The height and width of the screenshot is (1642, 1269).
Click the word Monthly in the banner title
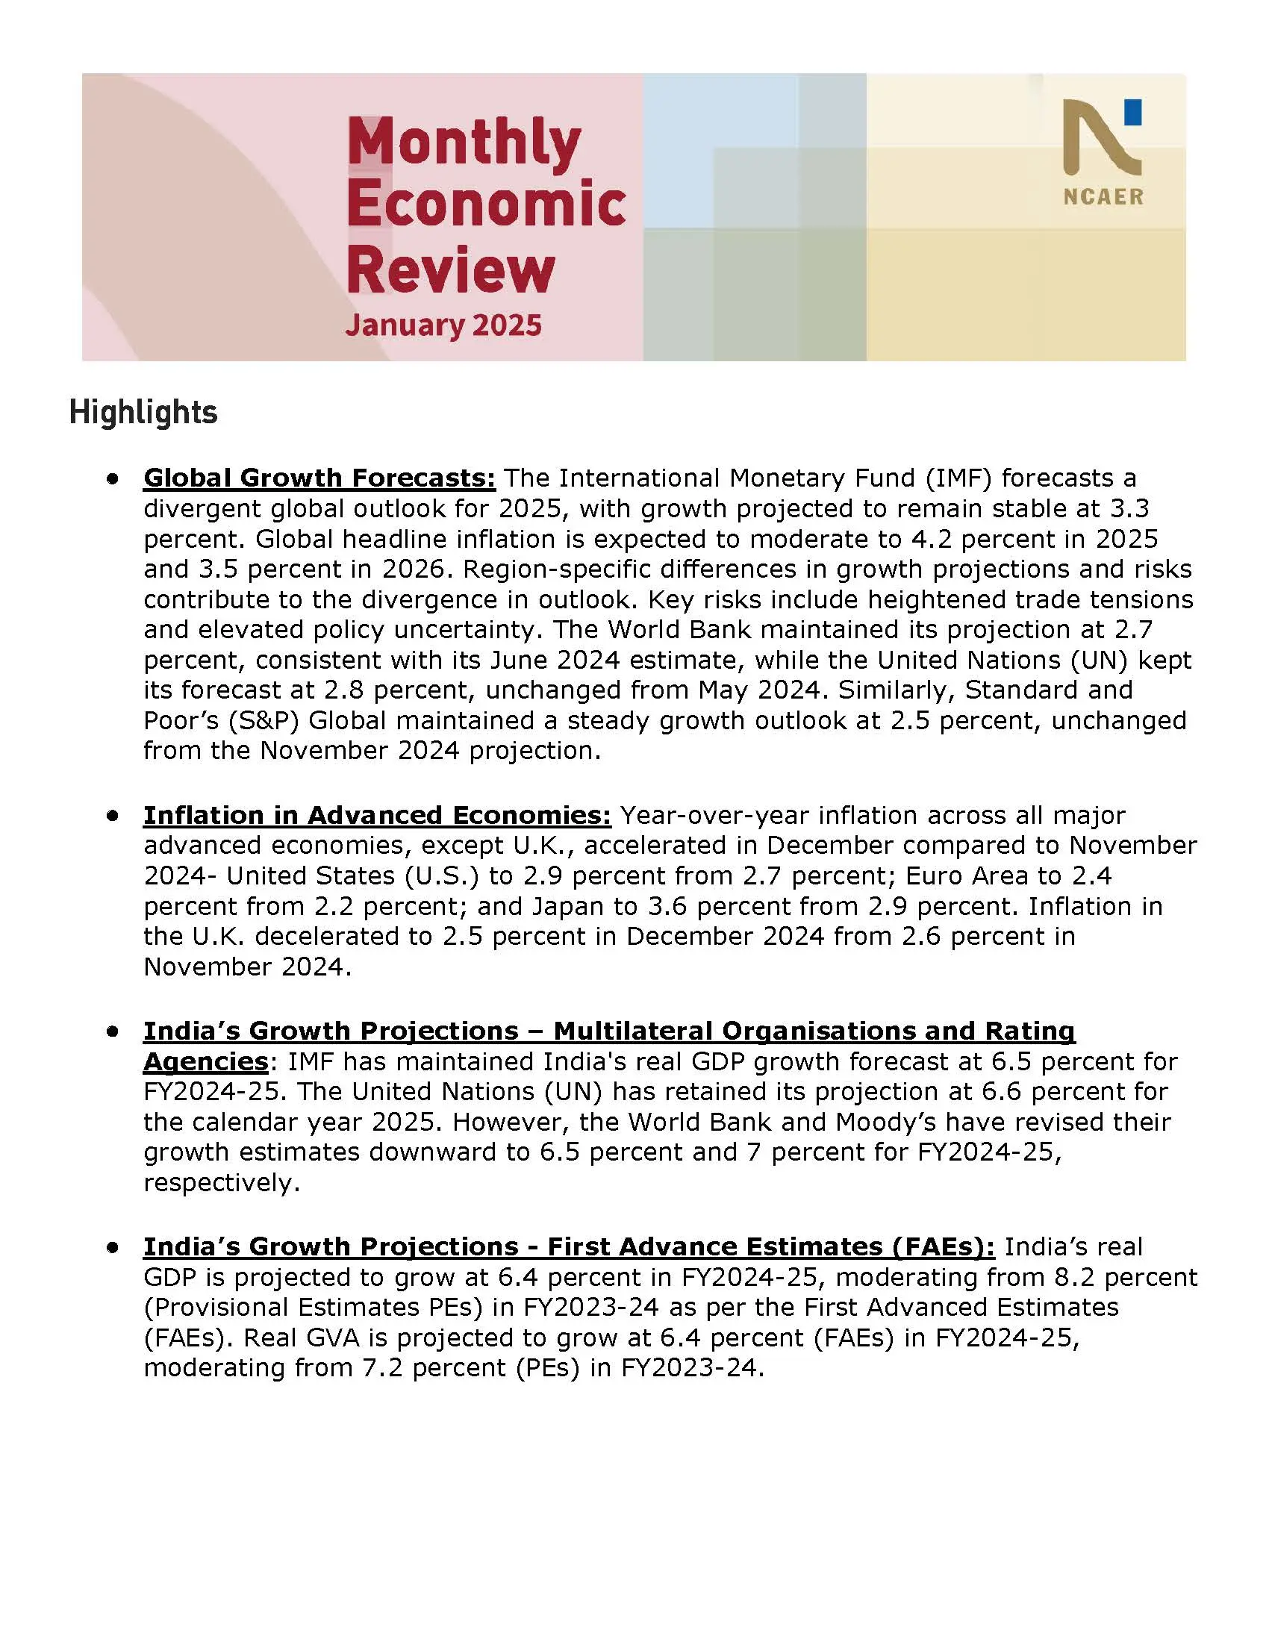pyautogui.click(x=464, y=143)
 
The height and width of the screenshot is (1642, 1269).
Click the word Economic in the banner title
pyautogui.click(x=487, y=205)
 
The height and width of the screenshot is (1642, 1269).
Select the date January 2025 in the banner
pyautogui.click(x=443, y=325)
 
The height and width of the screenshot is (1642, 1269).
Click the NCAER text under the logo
pyautogui.click(x=1103, y=197)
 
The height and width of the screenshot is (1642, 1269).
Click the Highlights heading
pyautogui.click(x=143, y=413)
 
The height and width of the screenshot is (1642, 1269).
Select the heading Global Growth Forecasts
pyautogui.click(x=319, y=478)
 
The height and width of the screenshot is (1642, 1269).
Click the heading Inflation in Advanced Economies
pyautogui.click(x=377, y=815)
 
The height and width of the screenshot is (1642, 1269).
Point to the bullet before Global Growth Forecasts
pyautogui.click(x=113, y=478)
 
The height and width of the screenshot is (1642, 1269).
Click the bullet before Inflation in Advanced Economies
pyautogui.click(x=113, y=815)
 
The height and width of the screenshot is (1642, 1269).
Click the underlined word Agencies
pyautogui.click(x=205, y=1061)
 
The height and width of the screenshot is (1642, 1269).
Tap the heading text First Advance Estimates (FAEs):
pyautogui.click(x=770, y=1246)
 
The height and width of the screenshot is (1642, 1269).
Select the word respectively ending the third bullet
pyautogui.click(x=221, y=1183)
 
